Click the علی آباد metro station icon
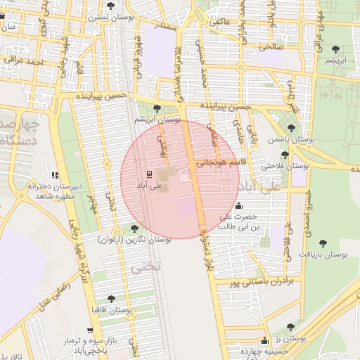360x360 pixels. [148, 174]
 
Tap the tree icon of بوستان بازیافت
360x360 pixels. [323, 243]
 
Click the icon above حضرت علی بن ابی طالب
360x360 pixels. [240, 206]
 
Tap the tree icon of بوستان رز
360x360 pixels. [290, 327]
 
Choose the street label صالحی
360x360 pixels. [271, 47]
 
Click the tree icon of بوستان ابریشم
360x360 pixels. [156, 108]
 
